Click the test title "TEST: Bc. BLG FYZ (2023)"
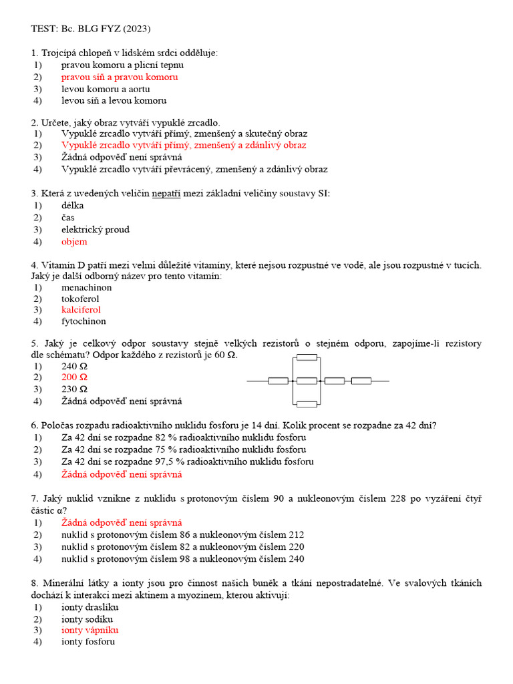[91, 29]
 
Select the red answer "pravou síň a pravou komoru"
[120, 77]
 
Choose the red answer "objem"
[74, 242]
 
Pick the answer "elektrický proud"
[95, 230]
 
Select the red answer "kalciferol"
[81, 310]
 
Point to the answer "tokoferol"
[81, 299]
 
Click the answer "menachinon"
[86, 287]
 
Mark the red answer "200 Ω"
[74, 377]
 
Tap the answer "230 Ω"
[74, 389]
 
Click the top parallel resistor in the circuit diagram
[307, 357]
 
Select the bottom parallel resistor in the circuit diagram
[307, 403]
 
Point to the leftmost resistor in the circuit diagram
[278, 381]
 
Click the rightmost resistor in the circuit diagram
[361, 381]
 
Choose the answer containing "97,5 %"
[187, 462]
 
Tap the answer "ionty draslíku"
[90, 607]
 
